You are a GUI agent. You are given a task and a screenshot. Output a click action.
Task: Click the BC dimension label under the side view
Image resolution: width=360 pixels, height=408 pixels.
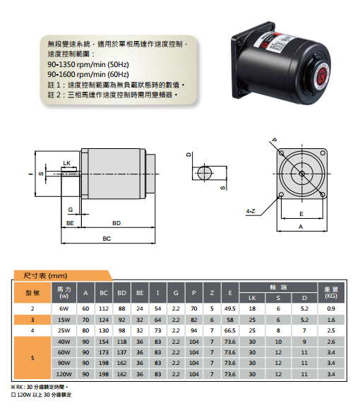(107, 239)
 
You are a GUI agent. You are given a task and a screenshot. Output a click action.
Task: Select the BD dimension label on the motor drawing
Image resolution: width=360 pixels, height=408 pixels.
(116, 223)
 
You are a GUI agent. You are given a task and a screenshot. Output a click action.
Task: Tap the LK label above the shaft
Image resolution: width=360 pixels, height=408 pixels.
(67, 163)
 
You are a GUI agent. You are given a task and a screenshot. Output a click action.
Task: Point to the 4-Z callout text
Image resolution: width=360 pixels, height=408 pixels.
(251, 211)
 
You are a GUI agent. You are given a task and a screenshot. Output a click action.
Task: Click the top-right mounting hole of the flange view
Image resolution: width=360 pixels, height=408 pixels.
(323, 152)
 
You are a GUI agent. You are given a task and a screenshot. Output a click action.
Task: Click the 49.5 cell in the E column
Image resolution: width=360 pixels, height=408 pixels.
(230, 308)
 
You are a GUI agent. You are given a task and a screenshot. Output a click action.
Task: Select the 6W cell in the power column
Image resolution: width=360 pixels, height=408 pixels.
(64, 308)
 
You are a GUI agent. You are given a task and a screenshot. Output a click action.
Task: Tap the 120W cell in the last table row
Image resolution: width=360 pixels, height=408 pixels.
(64, 374)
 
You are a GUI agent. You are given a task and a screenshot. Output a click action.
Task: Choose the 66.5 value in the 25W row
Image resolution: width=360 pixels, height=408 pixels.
(230, 330)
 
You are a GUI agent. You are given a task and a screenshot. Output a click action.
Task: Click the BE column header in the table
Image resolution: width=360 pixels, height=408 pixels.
(140, 293)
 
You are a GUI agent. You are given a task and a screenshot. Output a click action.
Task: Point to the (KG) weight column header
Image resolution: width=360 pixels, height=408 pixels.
(331, 296)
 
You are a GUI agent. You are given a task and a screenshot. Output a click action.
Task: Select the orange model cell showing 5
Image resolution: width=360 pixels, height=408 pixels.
(32, 358)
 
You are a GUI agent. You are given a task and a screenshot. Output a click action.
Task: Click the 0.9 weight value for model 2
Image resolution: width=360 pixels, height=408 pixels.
(331, 308)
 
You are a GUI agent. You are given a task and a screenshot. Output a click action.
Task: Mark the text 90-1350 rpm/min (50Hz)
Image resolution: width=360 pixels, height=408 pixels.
(88, 64)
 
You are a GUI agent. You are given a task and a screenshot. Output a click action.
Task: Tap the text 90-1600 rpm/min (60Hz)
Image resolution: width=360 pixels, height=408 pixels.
(88, 74)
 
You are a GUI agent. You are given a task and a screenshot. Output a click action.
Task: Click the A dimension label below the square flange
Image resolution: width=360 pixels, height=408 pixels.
(301, 227)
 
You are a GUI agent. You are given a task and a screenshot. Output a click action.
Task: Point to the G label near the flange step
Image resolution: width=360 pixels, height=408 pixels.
(71, 210)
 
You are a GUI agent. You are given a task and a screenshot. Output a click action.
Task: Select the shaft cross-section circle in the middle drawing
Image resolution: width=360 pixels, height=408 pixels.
(205, 173)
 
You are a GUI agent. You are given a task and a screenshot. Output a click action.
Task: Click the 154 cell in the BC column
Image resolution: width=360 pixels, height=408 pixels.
(104, 342)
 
